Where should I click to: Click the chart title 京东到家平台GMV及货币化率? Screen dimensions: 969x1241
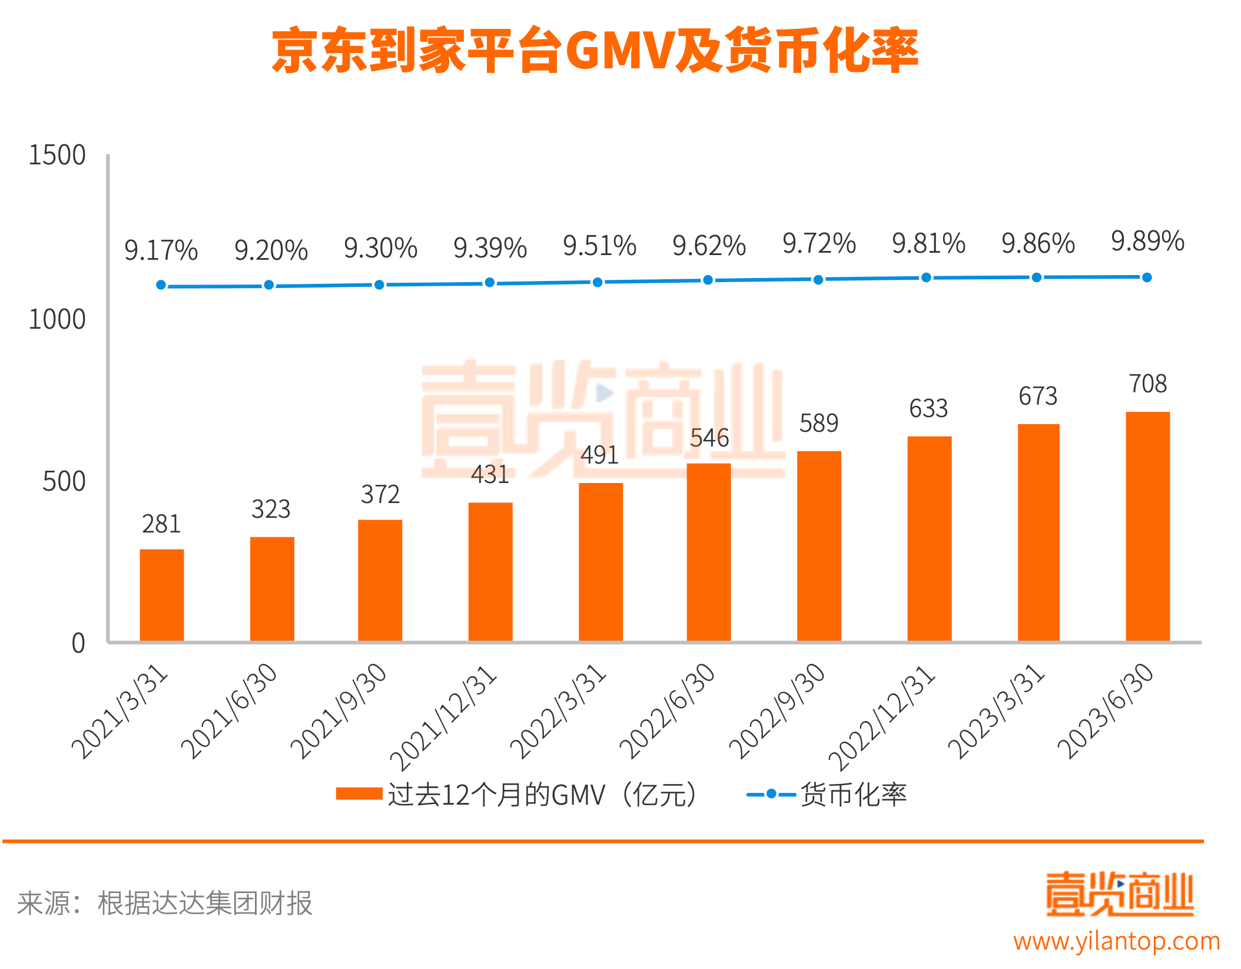click(595, 51)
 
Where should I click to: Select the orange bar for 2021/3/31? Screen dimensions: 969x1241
click(161, 595)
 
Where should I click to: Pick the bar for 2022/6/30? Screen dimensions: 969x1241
click(708, 552)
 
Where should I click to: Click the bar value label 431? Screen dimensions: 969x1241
click(490, 475)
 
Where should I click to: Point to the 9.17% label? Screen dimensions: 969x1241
click(161, 250)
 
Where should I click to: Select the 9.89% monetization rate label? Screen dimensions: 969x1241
click(1147, 242)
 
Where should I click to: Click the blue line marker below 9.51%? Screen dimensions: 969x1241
click(598, 282)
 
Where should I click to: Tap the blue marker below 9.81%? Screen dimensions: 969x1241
click(926, 277)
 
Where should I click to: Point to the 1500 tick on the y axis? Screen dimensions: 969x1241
click(57, 156)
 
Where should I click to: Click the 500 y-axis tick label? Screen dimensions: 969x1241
click(64, 481)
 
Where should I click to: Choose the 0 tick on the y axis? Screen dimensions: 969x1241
click(78, 643)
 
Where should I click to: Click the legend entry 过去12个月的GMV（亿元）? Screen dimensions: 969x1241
click(518, 795)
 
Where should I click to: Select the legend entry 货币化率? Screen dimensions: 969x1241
click(827, 795)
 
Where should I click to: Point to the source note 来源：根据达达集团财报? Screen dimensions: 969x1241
click(165, 903)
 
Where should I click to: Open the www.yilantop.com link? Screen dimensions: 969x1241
click(1116, 941)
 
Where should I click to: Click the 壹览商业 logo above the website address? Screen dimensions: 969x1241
click(1119, 894)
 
